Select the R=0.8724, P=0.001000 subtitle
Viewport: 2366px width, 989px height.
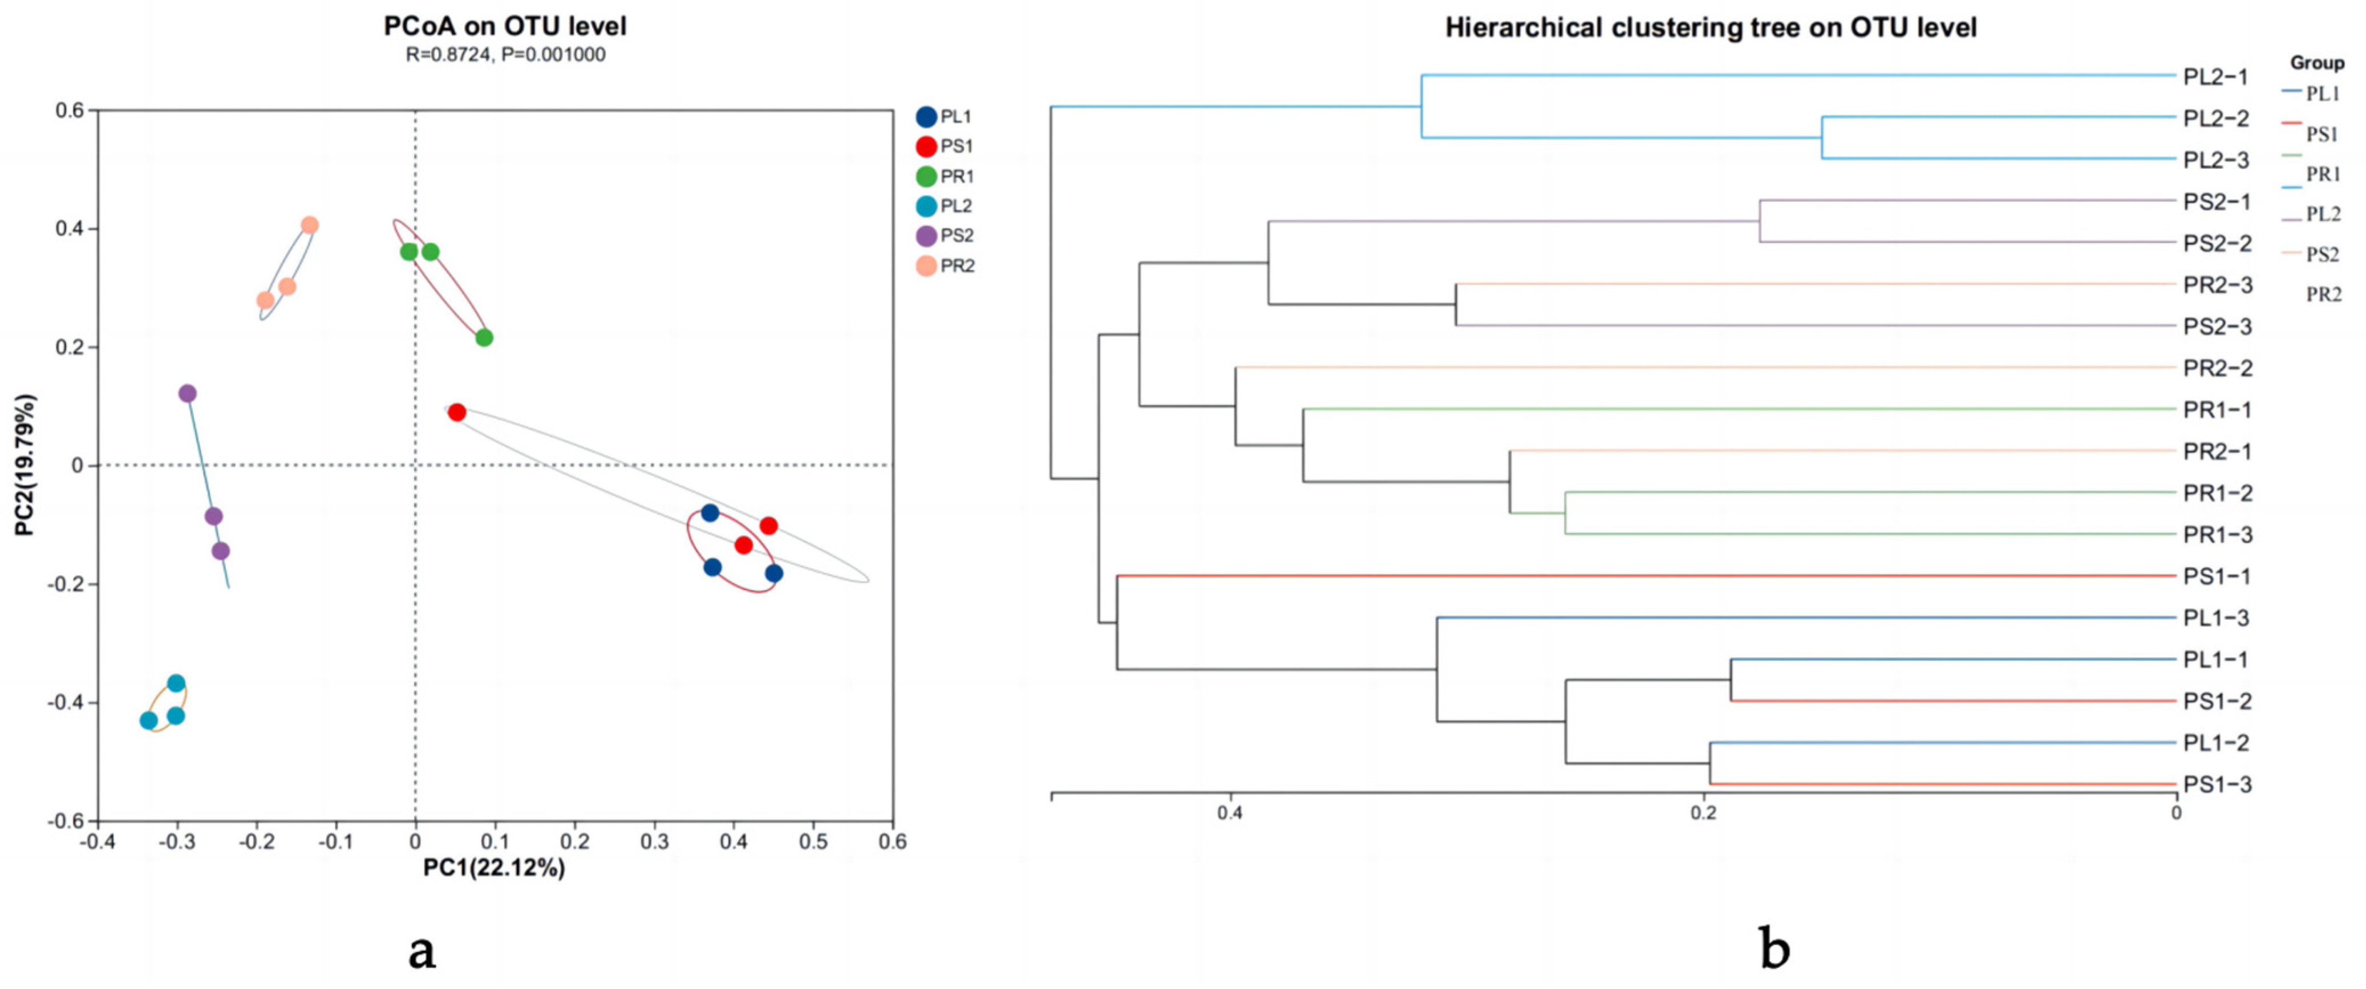pyautogui.click(x=505, y=55)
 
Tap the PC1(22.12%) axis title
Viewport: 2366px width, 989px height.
pyautogui.click(x=494, y=868)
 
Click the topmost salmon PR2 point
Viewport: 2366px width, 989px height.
pyautogui.click(x=310, y=225)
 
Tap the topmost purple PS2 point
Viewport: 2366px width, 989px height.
pyautogui.click(x=187, y=394)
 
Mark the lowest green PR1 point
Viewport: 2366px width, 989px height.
pyautogui.click(x=484, y=338)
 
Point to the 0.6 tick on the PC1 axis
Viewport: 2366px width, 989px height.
pyautogui.click(x=892, y=841)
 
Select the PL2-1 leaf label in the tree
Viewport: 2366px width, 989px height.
pyautogui.click(x=2215, y=76)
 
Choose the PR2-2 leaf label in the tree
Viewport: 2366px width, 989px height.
pyautogui.click(x=2217, y=368)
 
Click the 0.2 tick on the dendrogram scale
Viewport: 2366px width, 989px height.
pyautogui.click(x=1704, y=813)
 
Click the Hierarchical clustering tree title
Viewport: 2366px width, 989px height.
pyautogui.click(x=1710, y=27)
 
